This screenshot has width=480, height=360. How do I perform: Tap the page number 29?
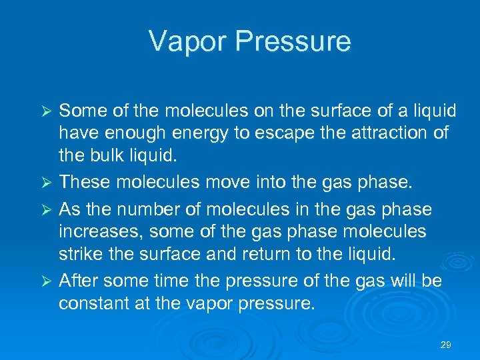[446, 345]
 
